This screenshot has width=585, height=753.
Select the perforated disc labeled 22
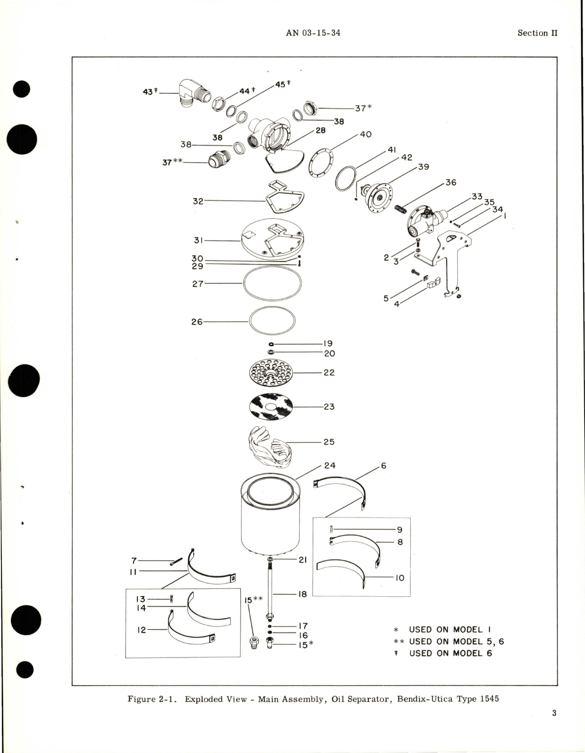click(x=270, y=373)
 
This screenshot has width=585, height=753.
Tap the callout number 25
click(x=329, y=442)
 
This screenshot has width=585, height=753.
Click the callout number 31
click(x=198, y=240)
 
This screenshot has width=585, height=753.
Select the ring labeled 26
click(x=272, y=322)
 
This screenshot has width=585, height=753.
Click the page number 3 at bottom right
click(x=554, y=713)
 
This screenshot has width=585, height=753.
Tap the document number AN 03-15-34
click(x=313, y=33)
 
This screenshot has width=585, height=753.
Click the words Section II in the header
click(x=537, y=33)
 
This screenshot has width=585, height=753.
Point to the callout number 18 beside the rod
click(x=302, y=594)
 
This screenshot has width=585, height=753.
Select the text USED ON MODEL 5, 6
click(x=456, y=642)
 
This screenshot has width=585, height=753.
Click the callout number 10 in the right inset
click(x=399, y=578)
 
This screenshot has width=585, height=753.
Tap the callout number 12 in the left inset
click(x=142, y=630)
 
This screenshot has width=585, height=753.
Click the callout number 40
click(x=366, y=134)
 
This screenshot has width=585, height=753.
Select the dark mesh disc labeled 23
click(x=271, y=407)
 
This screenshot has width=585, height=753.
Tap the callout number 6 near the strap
click(x=383, y=466)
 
